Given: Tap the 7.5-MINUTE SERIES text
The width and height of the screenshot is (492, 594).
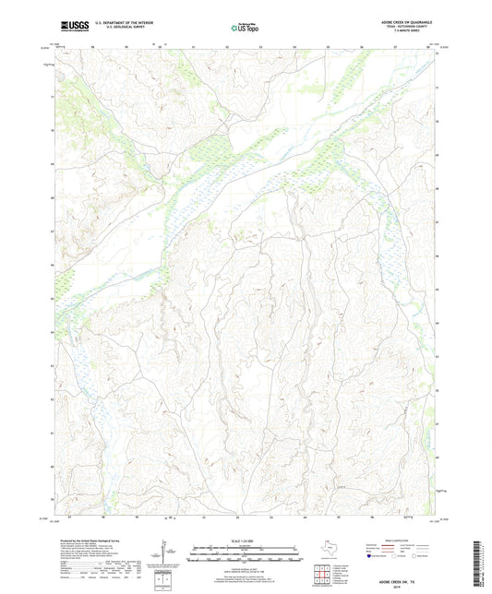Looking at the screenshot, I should tap(413, 34).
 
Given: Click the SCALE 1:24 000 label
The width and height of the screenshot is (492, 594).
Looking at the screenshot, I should tap(246, 541).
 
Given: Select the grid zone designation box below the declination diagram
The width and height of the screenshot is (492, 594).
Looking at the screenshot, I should tap(167, 583).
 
